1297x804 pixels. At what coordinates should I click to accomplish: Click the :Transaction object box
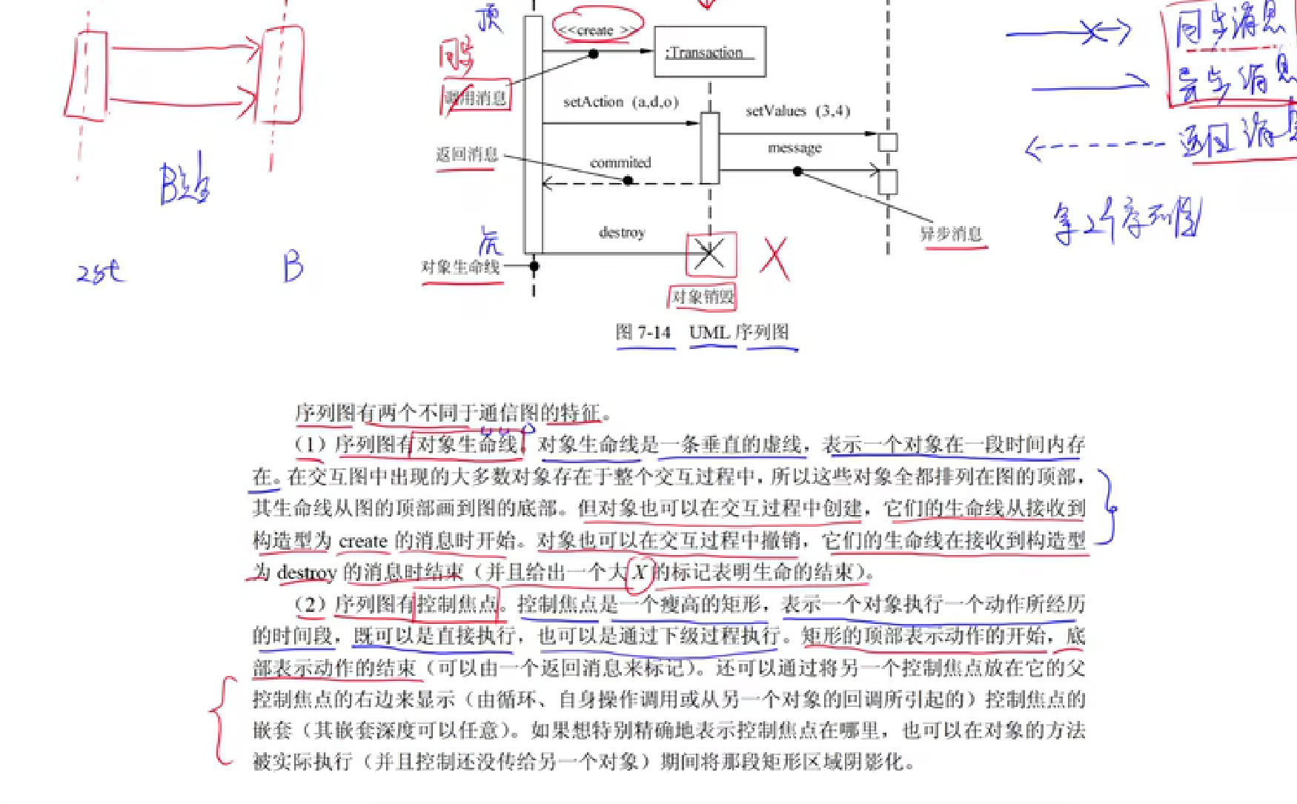[709, 52]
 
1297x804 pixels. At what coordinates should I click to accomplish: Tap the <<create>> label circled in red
[596, 30]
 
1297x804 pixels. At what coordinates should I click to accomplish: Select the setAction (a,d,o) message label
[620, 102]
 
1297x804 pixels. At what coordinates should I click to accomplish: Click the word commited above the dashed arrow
[620, 162]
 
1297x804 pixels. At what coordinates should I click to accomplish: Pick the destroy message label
[622, 233]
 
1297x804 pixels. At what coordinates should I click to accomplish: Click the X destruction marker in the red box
[710, 254]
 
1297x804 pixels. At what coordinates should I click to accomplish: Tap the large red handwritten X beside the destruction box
[774, 259]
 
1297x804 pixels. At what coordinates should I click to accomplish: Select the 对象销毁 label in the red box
[702, 297]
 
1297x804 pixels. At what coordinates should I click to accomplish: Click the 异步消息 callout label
[951, 234]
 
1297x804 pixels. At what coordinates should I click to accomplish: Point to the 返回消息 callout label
[466, 154]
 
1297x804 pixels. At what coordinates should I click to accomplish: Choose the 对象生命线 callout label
[460, 267]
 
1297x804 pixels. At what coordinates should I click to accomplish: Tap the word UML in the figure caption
[709, 333]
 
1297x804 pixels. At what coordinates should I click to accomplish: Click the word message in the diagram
[795, 148]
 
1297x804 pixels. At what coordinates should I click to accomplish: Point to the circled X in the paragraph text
[640, 572]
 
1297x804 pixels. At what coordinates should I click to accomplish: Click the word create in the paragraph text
[363, 541]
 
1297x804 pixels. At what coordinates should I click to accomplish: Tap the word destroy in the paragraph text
[307, 573]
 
